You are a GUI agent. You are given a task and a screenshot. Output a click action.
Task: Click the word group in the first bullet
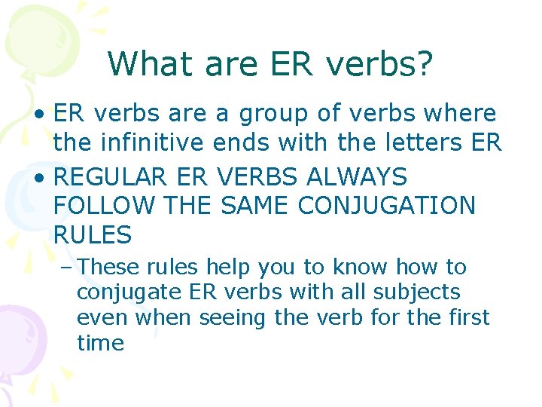tap(273, 115)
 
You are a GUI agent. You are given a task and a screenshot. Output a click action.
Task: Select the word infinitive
tap(152, 142)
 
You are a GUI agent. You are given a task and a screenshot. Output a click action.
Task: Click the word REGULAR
tap(110, 176)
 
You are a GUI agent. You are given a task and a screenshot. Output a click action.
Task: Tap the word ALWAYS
tap(356, 176)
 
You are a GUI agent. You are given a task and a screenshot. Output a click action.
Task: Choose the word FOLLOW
tap(104, 205)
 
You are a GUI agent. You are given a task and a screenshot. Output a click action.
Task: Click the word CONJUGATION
tap(386, 205)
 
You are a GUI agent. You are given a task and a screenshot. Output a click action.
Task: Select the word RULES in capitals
tap(93, 234)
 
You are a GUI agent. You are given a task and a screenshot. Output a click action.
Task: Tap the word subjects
tap(417, 292)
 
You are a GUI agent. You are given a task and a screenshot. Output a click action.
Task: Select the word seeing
tap(232, 318)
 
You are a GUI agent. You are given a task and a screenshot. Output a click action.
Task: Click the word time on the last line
tap(101, 342)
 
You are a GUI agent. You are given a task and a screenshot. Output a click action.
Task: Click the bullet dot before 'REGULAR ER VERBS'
tap(40, 178)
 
